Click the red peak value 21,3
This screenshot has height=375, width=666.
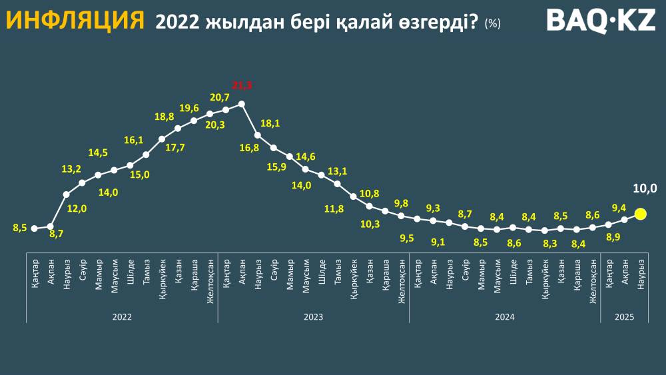[242, 85]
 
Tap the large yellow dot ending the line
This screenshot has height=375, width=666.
[641, 214]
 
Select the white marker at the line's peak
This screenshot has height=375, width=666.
[242, 104]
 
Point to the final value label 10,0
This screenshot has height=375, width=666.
[645, 189]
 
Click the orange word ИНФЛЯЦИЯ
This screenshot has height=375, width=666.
[75, 21]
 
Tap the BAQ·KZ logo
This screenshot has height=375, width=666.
[601, 21]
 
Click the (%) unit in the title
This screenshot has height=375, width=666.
[493, 23]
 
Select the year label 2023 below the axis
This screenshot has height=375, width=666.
[313, 317]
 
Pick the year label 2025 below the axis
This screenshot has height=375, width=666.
[625, 317]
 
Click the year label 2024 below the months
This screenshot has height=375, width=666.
[504, 317]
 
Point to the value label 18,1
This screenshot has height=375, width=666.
[270, 123]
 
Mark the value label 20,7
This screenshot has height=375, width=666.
[220, 98]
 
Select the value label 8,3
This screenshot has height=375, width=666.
[550, 243]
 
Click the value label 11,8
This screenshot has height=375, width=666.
[335, 209]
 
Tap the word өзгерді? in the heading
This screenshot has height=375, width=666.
[442, 23]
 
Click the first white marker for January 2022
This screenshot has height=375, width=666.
[34, 227]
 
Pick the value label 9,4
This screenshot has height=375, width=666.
[619, 207]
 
